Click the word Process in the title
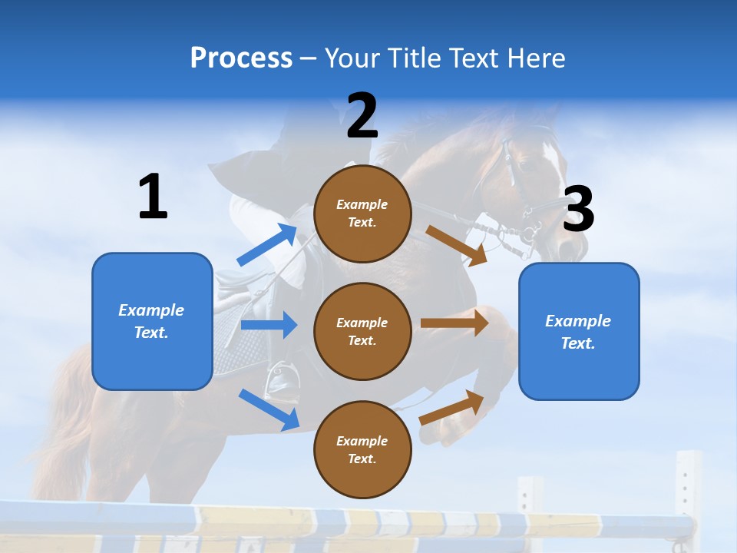point(241,58)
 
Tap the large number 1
point(153,197)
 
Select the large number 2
point(362,117)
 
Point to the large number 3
point(578,210)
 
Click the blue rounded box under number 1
point(152,321)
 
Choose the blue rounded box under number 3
point(579,332)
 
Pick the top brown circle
point(362,214)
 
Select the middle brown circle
point(362,331)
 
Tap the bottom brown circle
point(362,449)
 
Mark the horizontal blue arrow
point(269,325)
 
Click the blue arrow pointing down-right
point(269,409)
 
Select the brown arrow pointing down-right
point(457,246)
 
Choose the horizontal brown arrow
point(454,323)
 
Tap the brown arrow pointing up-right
point(452,407)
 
